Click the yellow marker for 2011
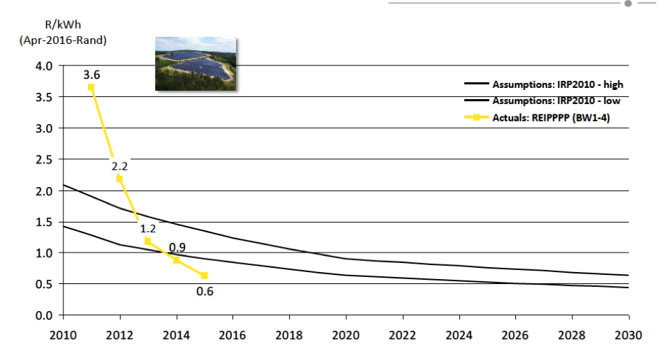(x=91, y=87)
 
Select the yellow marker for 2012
(x=119, y=179)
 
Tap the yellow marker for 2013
(x=147, y=241)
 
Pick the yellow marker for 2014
(x=176, y=260)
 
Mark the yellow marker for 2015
(x=205, y=276)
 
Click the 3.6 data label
(x=91, y=74)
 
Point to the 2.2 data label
(x=119, y=166)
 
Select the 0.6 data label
(x=205, y=291)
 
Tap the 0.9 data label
(x=176, y=247)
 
